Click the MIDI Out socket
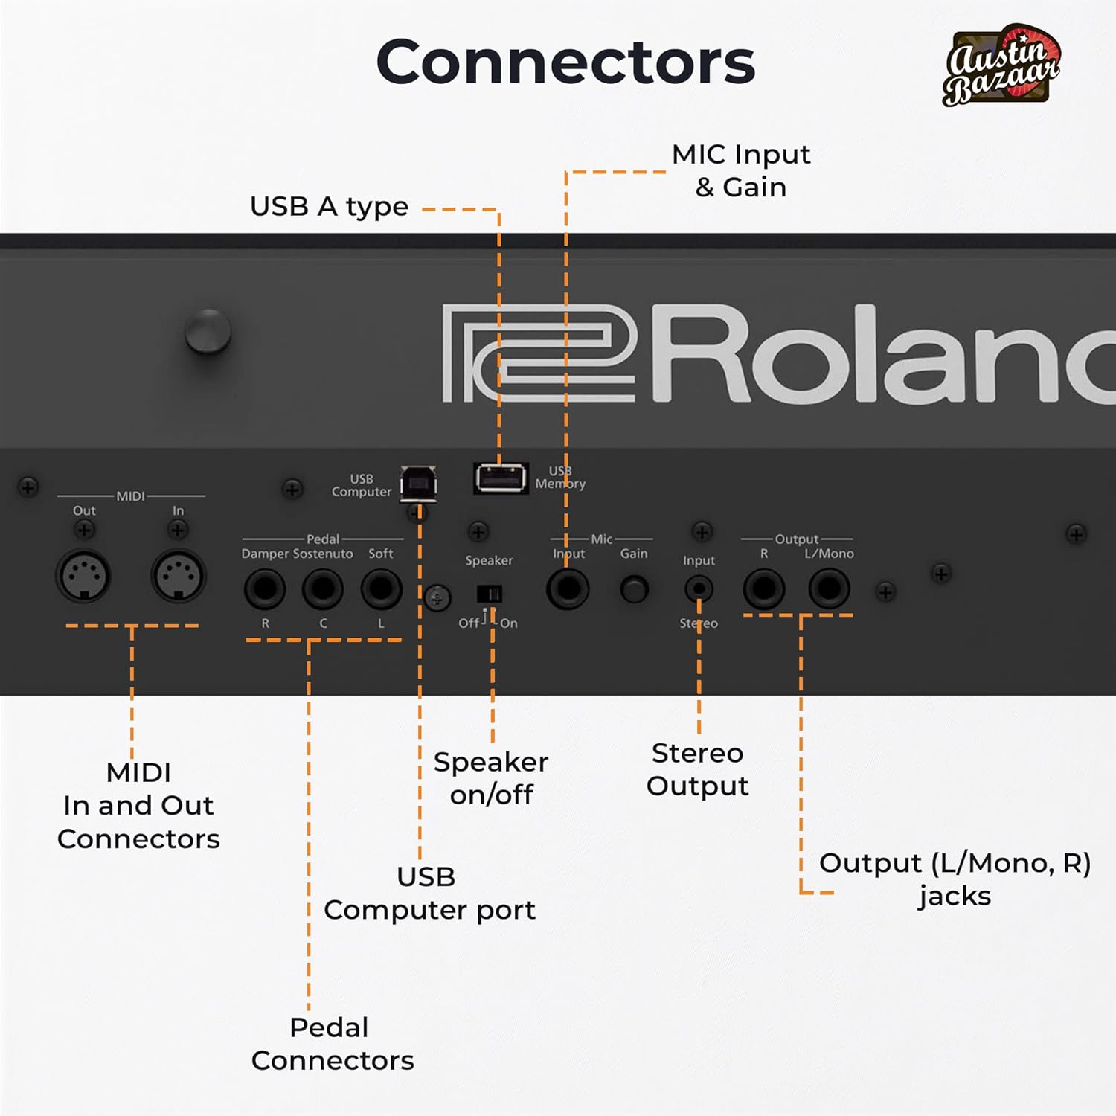coord(83,576)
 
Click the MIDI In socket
coord(179,576)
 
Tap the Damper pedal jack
coord(265,589)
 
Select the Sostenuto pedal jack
coord(323,589)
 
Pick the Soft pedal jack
coord(381,589)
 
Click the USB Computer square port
coord(418,484)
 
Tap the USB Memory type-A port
coord(501,478)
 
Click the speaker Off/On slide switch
coord(489,594)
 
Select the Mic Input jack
coord(568,589)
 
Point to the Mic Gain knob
coord(634,589)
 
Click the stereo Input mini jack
coord(699,589)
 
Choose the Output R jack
coord(764,589)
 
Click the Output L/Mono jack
coord(829,589)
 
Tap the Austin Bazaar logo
coord(1001,65)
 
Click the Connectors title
coord(565,62)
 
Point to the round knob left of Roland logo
coord(208,331)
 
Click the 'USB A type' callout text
coord(329,206)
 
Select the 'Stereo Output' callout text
coord(697,769)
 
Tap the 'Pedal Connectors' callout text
coord(332,1043)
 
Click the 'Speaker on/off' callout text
coord(491,777)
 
